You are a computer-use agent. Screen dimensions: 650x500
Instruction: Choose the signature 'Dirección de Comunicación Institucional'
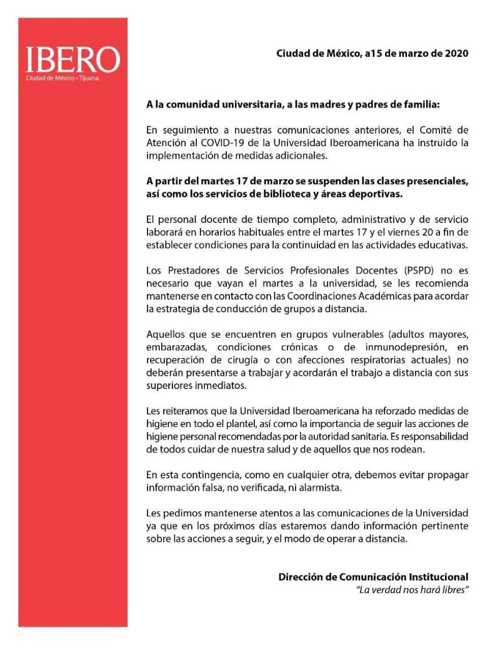pyautogui.click(x=373, y=577)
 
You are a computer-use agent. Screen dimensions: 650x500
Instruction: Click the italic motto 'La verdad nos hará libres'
pyautogui.click(x=412, y=590)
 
